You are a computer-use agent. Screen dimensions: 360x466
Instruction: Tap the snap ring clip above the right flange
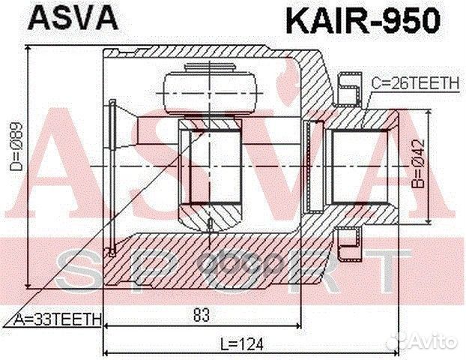tap(348, 88)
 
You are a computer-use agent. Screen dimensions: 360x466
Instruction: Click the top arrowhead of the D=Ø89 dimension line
tap(28, 49)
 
